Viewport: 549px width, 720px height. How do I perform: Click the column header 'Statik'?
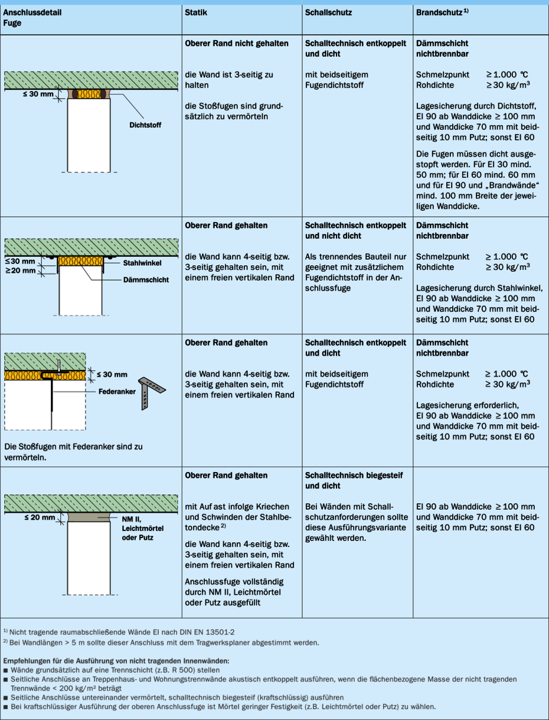click(x=195, y=12)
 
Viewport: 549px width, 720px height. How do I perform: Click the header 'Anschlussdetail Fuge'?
click(x=32, y=18)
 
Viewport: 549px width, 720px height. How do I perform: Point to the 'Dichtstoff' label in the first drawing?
click(x=145, y=125)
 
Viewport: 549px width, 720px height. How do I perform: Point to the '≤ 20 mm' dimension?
click(x=39, y=517)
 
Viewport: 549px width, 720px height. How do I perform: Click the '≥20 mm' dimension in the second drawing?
click(x=20, y=271)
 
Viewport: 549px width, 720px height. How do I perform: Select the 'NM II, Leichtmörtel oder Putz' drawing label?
click(x=142, y=527)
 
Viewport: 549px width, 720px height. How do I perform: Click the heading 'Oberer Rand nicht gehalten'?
click(x=237, y=44)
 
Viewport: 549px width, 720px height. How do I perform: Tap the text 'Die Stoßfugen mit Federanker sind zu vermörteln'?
click(x=73, y=452)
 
